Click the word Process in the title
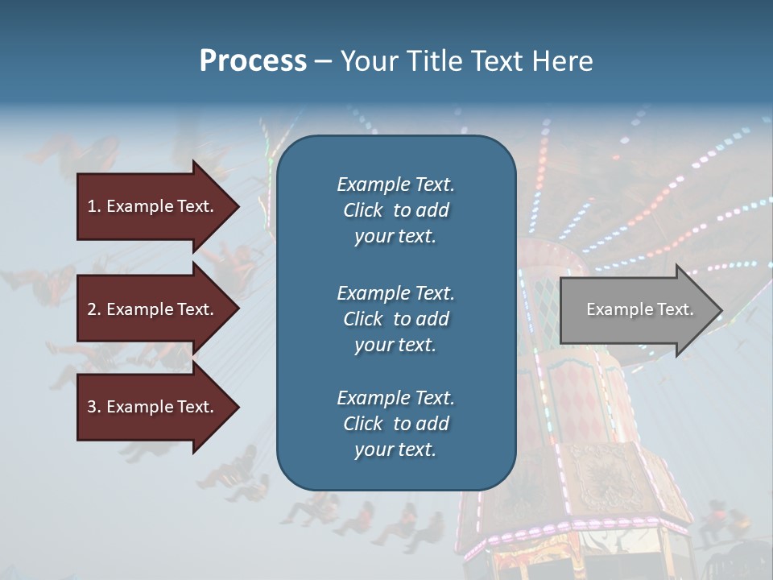click(253, 60)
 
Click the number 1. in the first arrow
click(94, 206)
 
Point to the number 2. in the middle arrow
click(94, 309)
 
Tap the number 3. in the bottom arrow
click(94, 407)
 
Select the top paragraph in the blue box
click(395, 210)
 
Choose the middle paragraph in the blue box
click(395, 319)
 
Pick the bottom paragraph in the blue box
click(395, 424)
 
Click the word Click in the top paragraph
click(363, 210)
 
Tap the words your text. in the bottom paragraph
click(395, 449)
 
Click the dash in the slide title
click(323, 61)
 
